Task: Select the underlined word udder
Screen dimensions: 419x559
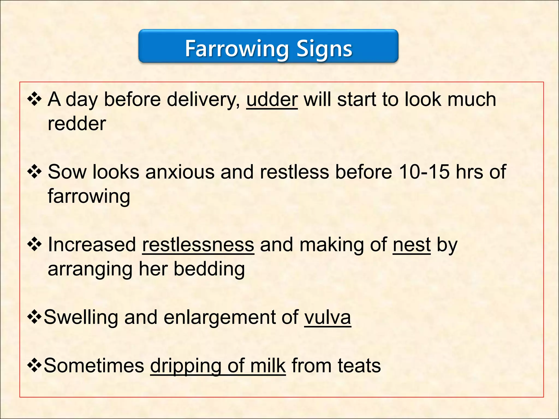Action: click(272, 99)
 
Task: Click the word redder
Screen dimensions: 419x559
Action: click(77, 124)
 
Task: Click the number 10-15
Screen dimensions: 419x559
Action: click(424, 172)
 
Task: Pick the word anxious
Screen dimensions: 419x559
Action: click(180, 172)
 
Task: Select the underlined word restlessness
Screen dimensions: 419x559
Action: click(198, 245)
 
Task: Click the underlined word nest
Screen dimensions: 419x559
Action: click(412, 245)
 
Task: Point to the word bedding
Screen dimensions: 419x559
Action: click(209, 269)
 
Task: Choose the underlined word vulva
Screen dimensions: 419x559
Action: click(328, 317)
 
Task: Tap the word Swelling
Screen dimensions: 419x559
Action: click(81, 317)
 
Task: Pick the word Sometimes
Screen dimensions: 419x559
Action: click(94, 366)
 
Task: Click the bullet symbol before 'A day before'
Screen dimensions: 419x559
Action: click(34, 99)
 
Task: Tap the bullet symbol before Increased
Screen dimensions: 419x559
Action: click(34, 245)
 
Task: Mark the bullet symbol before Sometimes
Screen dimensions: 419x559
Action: click(34, 366)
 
